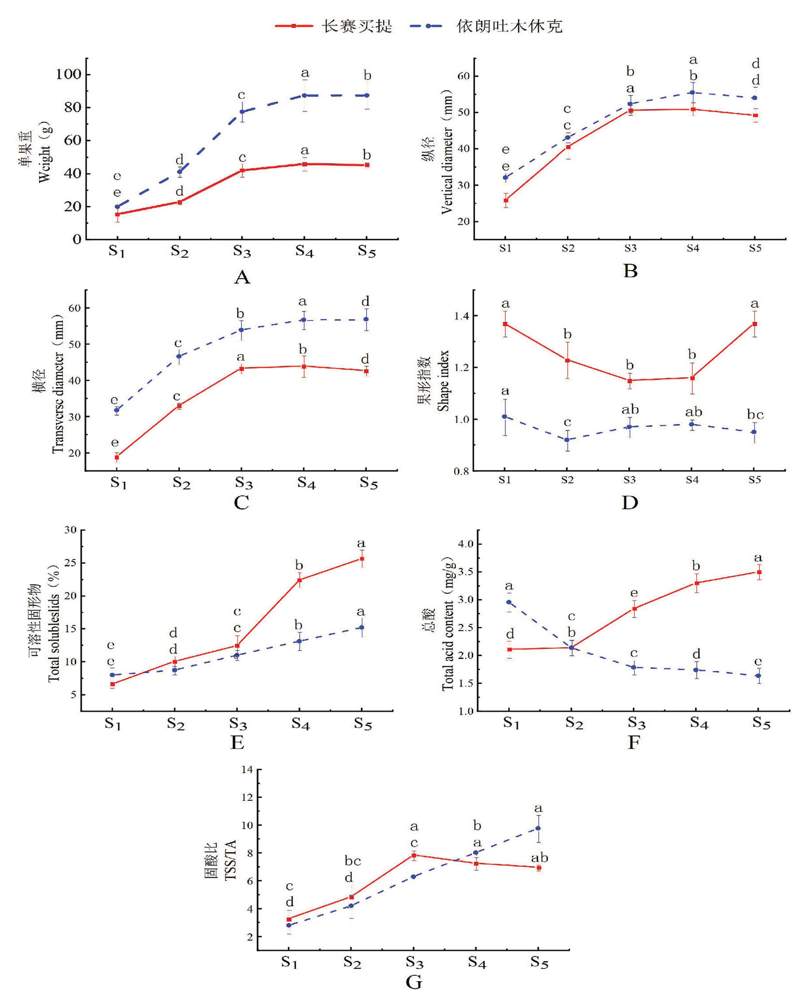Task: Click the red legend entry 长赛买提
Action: [334, 26]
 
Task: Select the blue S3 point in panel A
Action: [241, 112]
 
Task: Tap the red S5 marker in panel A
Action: [367, 165]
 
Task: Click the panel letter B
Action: [630, 271]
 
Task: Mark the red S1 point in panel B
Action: [506, 200]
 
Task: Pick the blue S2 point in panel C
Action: [179, 356]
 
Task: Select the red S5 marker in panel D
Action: [754, 324]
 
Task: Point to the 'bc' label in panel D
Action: [755, 415]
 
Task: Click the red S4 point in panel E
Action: [299, 580]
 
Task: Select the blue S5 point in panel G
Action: [538, 828]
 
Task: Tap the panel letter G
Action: [414, 982]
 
